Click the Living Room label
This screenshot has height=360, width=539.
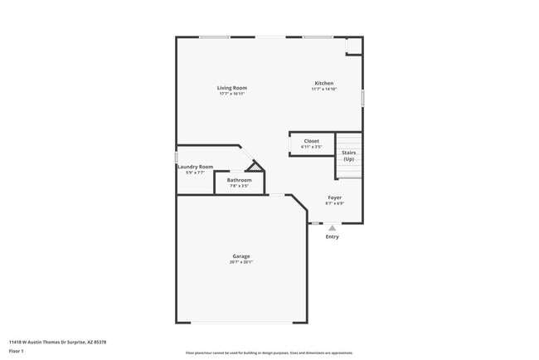click(x=232, y=88)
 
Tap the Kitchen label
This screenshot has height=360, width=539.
click(x=323, y=83)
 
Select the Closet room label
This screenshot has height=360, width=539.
click(x=311, y=141)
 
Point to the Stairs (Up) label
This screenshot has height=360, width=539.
click(x=349, y=155)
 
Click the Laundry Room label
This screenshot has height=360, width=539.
click(x=196, y=167)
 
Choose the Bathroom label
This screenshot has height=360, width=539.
click(x=240, y=180)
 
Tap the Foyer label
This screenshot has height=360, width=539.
click(x=334, y=197)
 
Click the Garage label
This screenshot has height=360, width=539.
click(x=241, y=256)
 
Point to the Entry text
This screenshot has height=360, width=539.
click(x=332, y=237)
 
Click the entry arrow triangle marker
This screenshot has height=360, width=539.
click(x=332, y=227)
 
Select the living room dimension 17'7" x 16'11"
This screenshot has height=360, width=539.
click(x=232, y=94)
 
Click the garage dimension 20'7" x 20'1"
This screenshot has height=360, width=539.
click(x=241, y=262)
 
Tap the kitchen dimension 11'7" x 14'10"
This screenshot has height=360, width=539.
click(x=323, y=89)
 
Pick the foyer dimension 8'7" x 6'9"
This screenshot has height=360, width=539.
click(x=334, y=203)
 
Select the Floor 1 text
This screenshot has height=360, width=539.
click(x=17, y=351)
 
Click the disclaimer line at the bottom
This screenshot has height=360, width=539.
click(x=269, y=353)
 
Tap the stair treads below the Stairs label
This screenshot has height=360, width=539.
click(x=349, y=170)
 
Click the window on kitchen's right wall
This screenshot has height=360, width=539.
click(x=362, y=97)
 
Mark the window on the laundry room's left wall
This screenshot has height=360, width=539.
click(x=177, y=156)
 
